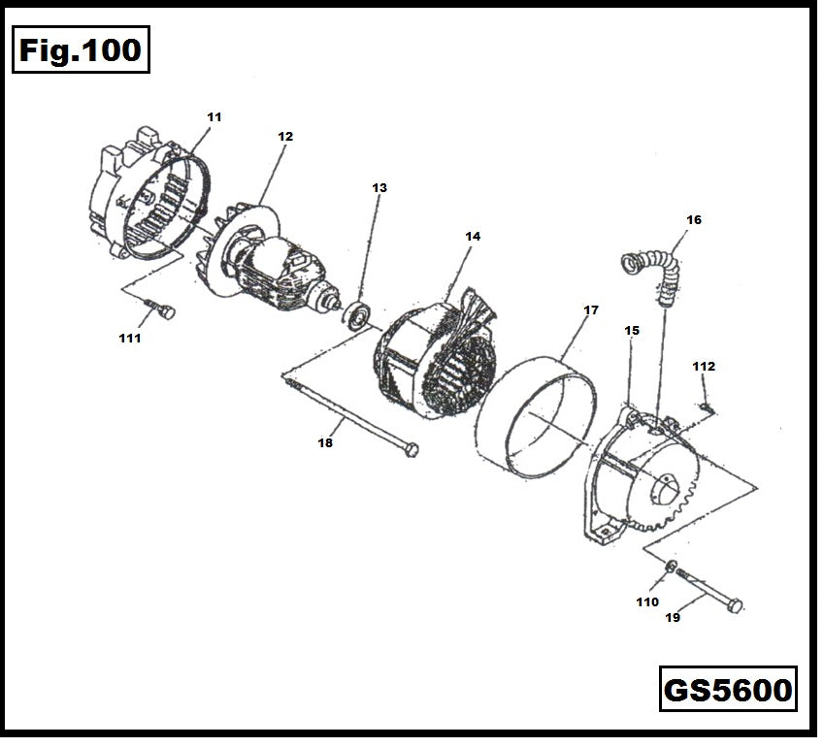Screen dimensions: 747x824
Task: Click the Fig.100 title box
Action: point(82,50)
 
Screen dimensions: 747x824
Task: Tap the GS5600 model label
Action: point(728,691)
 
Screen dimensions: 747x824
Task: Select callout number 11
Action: point(214,116)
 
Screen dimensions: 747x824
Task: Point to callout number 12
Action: point(285,137)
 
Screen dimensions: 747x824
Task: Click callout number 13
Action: point(379,187)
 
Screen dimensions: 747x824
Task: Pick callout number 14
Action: point(473,236)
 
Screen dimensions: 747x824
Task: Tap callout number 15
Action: point(632,331)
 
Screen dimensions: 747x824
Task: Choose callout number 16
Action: point(694,220)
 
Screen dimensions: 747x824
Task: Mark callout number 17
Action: point(591,310)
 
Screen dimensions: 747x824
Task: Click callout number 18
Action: point(325,442)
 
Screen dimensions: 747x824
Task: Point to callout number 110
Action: point(647,601)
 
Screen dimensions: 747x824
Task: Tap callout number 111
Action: point(130,339)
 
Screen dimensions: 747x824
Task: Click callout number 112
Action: point(704,366)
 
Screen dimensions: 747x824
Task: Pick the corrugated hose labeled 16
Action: point(652,272)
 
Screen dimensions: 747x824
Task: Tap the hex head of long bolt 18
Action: point(412,448)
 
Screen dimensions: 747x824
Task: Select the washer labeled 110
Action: point(671,567)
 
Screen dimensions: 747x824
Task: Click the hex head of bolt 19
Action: point(735,605)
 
